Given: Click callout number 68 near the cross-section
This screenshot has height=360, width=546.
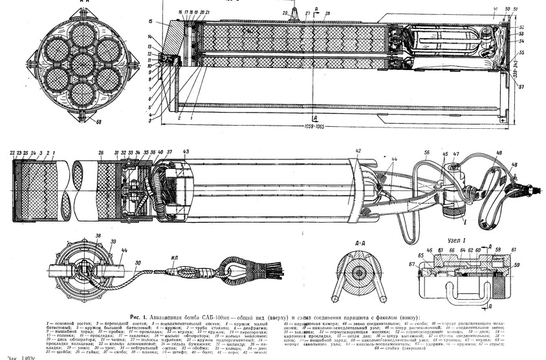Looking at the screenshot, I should coord(98,121).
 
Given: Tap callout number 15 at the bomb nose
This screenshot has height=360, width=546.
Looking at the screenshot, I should coord(150,22).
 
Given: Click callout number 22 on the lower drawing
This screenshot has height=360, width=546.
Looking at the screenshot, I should coord(13,152).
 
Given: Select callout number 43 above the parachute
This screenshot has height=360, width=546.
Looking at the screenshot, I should coord(186,152).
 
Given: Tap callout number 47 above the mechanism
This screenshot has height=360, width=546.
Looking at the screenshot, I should coord(456,155).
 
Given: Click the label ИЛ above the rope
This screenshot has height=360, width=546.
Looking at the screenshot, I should coord(174,257).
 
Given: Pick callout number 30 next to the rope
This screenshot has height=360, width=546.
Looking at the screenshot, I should coord(138,263).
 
